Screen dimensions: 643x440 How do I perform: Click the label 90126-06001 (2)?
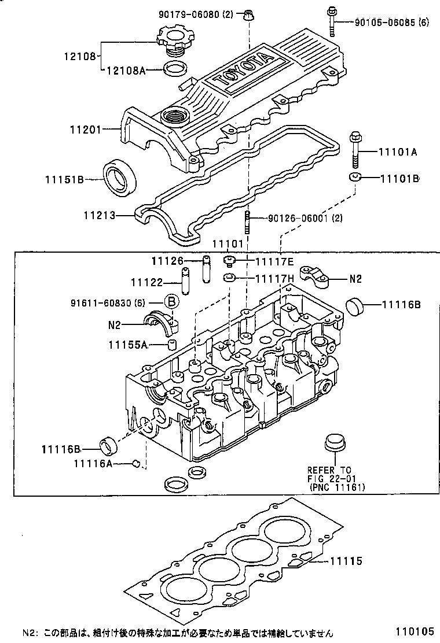(x=305, y=219)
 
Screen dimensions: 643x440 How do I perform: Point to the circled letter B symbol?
(x=171, y=302)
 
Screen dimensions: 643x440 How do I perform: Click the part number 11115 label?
(x=346, y=560)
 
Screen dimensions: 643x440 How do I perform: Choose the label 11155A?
(x=127, y=345)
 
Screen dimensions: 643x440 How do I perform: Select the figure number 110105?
(x=415, y=633)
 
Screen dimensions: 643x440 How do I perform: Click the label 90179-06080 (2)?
(x=194, y=14)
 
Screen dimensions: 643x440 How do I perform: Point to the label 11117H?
(x=275, y=278)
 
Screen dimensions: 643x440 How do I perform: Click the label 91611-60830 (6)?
(x=108, y=302)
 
